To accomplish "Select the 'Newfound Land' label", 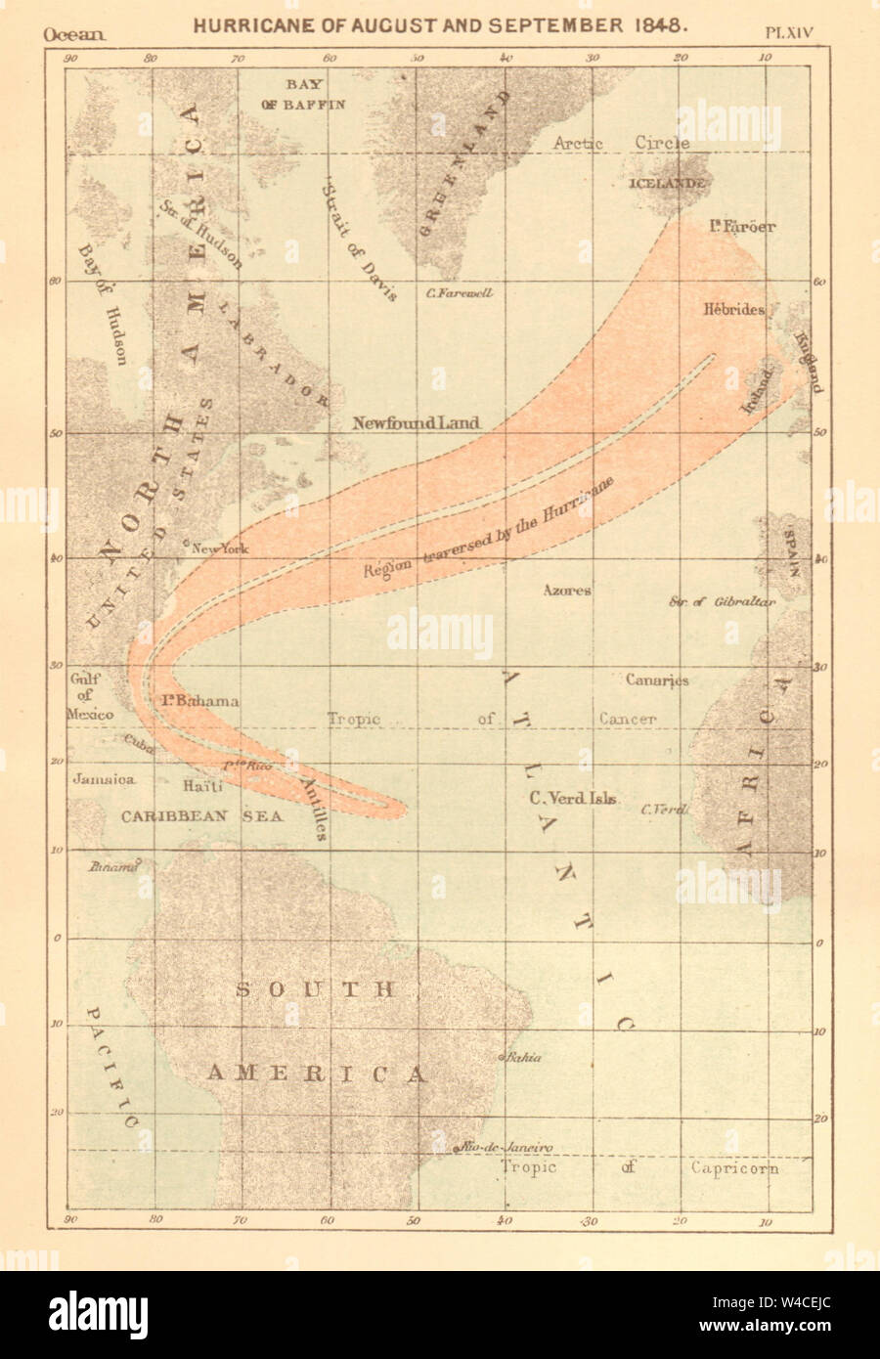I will (x=416, y=423).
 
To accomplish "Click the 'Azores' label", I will (x=568, y=591).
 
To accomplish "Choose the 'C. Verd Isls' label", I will (x=572, y=798).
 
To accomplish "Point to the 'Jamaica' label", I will (x=103, y=780).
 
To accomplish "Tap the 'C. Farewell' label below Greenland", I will (x=460, y=293).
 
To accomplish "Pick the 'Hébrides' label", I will (x=732, y=308).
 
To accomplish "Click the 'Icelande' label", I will (x=667, y=183).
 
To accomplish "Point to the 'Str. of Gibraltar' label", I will (x=722, y=602).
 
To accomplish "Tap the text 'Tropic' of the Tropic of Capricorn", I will (x=529, y=1167).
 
